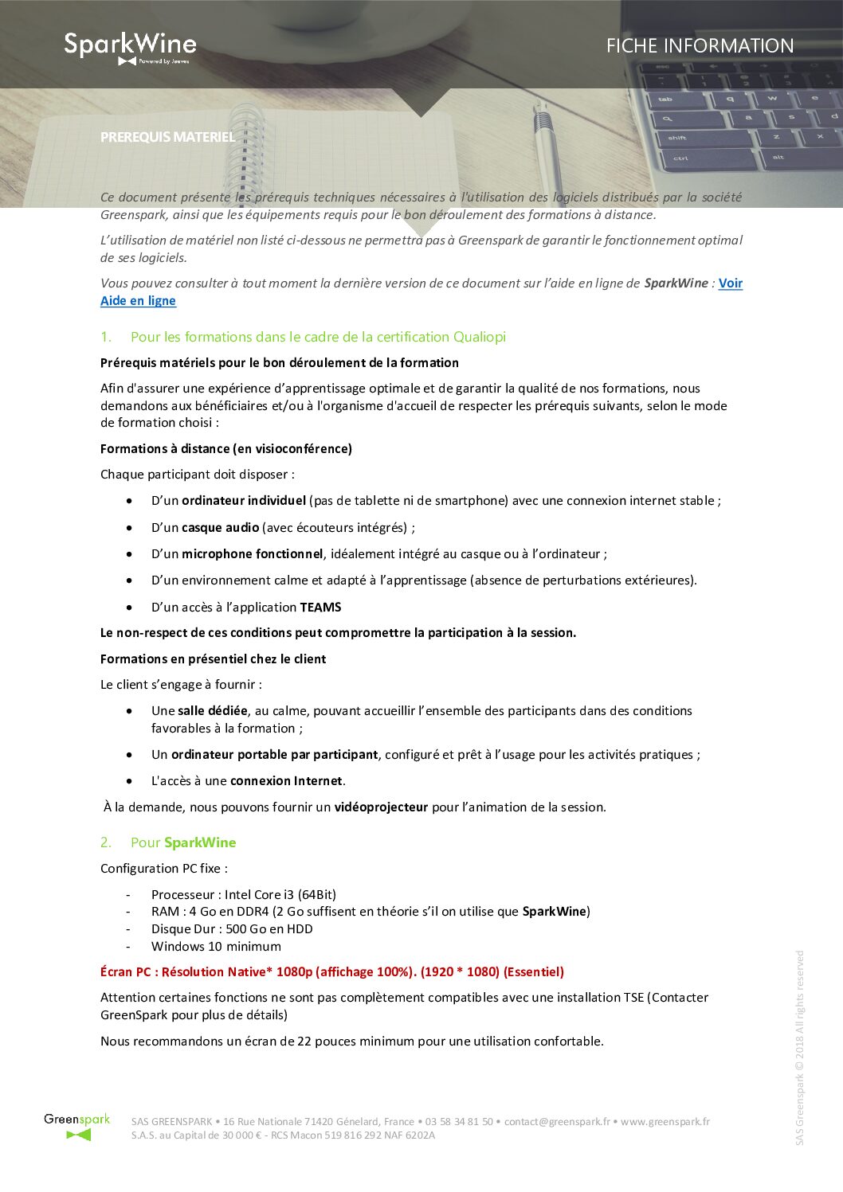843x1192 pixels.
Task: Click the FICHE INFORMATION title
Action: (x=700, y=46)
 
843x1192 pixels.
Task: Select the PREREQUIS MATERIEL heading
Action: (x=167, y=137)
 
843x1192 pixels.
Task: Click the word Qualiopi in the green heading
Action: (x=479, y=337)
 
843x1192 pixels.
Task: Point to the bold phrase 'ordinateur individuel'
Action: (x=243, y=501)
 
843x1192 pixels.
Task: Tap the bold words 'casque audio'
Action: (x=220, y=527)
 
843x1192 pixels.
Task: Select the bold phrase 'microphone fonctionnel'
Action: (x=252, y=554)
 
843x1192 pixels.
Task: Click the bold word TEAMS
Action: (x=320, y=608)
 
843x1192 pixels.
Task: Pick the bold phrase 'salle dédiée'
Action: (x=213, y=711)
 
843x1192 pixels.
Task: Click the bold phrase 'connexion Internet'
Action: (x=286, y=781)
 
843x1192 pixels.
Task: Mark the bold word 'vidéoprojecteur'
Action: (x=381, y=807)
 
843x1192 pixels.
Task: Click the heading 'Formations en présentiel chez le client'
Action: (x=213, y=659)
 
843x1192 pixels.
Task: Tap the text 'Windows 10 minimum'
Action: (x=216, y=947)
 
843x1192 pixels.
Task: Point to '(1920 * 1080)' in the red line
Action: (x=460, y=972)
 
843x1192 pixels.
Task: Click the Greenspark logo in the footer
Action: (x=77, y=1127)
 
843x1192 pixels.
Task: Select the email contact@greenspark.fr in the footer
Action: (x=557, y=1122)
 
